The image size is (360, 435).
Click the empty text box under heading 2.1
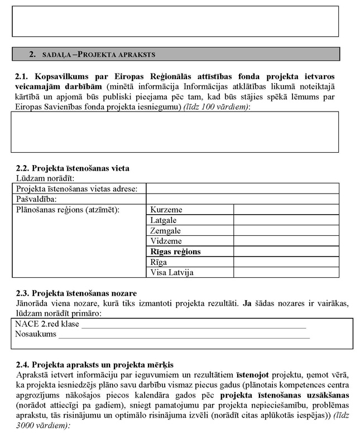click(175, 132)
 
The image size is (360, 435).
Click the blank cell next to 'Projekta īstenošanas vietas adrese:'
click(242, 189)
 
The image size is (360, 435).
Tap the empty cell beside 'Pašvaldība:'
click(242, 199)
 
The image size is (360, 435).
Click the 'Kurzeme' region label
click(166, 210)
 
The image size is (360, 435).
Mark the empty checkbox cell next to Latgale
click(286, 220)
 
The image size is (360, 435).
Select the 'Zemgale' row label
click(165, 231)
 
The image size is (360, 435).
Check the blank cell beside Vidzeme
click(286, 241)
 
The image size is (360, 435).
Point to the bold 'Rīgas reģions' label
click(175, 252)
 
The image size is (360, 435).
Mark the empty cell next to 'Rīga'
click(286, 262)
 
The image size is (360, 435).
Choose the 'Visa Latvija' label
click(172, 273)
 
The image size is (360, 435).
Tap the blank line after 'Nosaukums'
click(184, 335)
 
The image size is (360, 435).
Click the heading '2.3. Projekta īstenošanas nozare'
click(76, 293)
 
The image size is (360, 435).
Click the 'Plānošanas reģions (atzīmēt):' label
click(68, 210)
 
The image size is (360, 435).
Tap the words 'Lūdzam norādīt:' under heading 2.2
click(45, 178)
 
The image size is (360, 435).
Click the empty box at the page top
click(175, 21)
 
